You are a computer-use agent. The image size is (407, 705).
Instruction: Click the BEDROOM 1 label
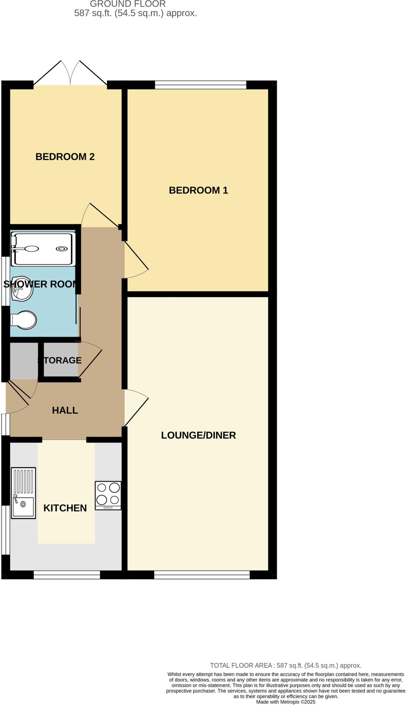point(198,190)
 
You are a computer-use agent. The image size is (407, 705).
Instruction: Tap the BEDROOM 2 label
point(65,157)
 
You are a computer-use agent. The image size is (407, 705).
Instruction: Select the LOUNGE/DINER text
point(198,435)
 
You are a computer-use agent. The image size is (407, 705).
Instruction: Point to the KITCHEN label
point(65,508)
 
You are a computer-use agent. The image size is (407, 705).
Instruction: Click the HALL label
point(65,410)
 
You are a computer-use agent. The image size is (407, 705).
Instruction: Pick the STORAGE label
point(60,360)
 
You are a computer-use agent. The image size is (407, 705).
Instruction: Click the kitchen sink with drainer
point(23,493)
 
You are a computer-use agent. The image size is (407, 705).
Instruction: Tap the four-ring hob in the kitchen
point(108,495)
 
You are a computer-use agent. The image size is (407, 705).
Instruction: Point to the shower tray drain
point(62,249)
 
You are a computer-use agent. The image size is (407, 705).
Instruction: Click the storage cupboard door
point(90,361)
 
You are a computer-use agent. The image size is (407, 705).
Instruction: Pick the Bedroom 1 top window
point(200,85)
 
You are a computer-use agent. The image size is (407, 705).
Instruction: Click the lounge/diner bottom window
point(202,575)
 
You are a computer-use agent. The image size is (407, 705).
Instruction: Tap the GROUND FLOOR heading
point(128,4)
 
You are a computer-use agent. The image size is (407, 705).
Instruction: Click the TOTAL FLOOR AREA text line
point(286,665)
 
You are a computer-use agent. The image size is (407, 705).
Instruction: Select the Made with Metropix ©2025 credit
point(286,702)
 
